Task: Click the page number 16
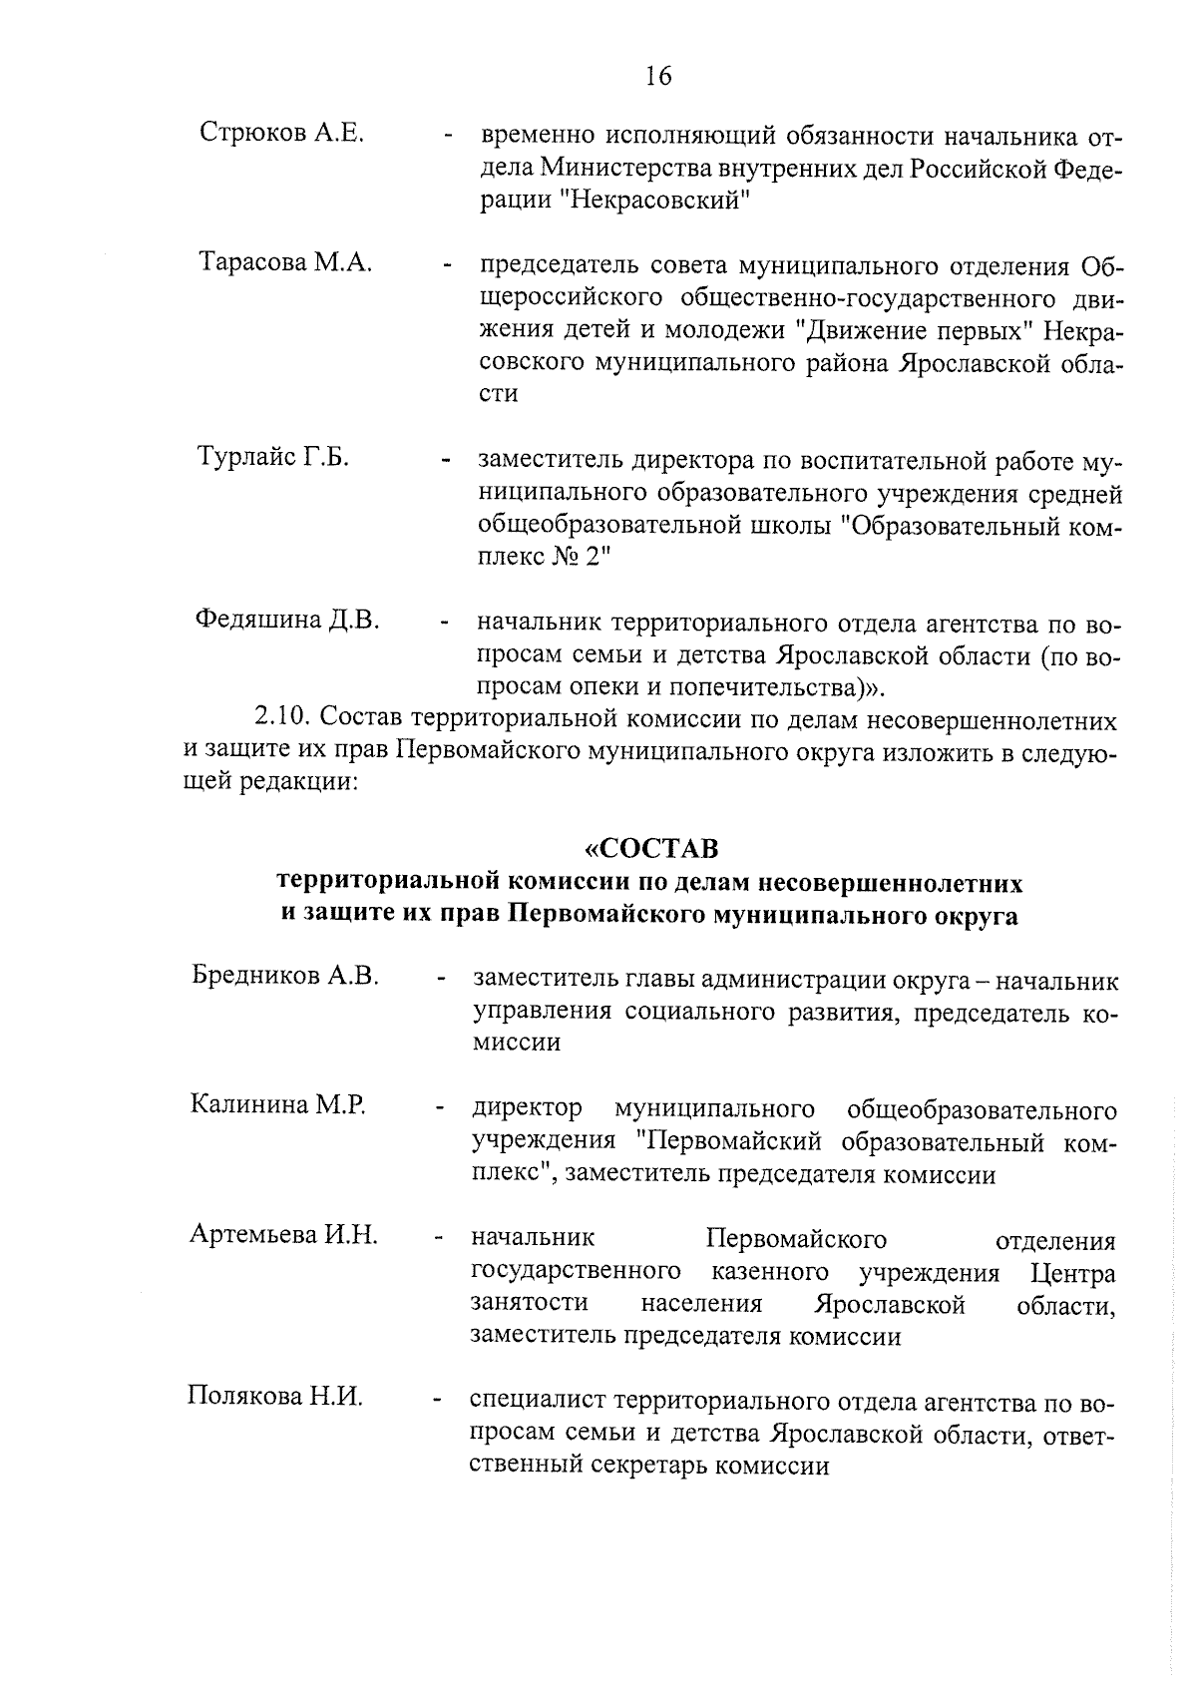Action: pos(658,77)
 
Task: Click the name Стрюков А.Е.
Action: pos(281,132)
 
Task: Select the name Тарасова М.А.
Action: pos(285,262)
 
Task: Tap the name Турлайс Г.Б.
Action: pos(272,458)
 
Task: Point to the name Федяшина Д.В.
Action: pos(287,620)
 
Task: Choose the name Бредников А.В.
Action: pos(285,975)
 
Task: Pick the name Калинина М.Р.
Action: pos(278,1104)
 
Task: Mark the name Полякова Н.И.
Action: pos(274,1396)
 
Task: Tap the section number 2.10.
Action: pos(286,719)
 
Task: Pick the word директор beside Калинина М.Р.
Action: pos(527,1109)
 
